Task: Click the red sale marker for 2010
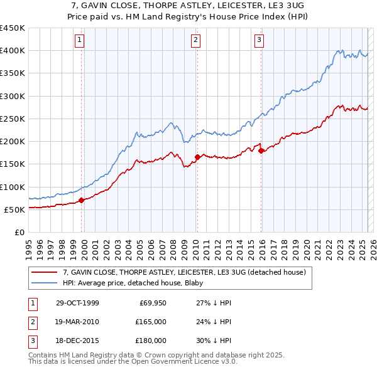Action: tap(197, 157)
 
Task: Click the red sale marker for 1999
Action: tap(82, 201)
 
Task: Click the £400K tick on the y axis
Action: tap(13, 51)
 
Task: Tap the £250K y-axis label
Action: tap(13, 119)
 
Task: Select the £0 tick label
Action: tap(20, 232)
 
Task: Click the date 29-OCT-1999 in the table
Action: tap(77, 303)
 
